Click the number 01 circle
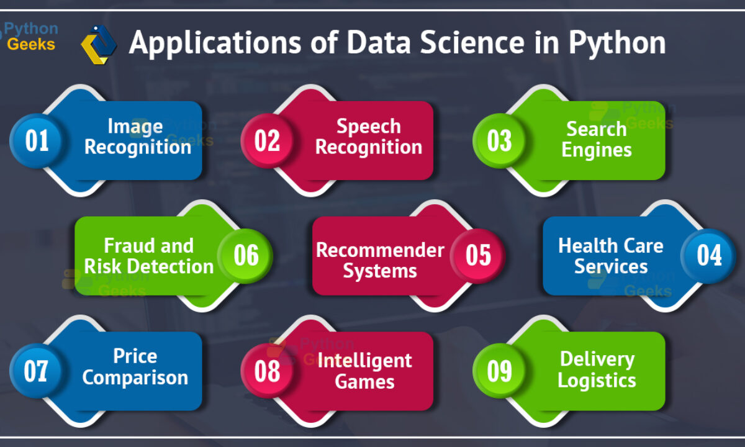point(37,141)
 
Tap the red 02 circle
point(268,141)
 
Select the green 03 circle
point(499,141)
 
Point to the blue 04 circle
point(708,256)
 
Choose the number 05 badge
point(477,256)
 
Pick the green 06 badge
point(245,256)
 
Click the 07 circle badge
point(37,371)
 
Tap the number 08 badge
point(268,371)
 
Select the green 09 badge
point(499,371)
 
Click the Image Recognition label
point(138,137)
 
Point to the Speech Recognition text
point(369,137)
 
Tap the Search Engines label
point(597,139)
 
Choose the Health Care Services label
point(611,256)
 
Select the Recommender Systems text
point(380,260)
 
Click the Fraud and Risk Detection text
point(148,256)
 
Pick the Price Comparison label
point(135,367)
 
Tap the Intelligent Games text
point(365,371)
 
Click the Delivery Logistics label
point(597,370)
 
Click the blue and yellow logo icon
point(99,45)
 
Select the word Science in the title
point(472,43)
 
